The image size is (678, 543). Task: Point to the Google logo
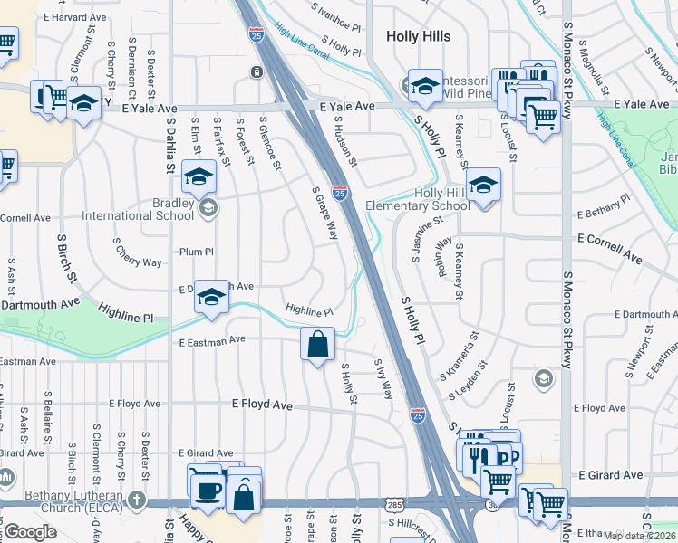coord(30,532)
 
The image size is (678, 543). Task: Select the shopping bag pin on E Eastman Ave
coord(317,343)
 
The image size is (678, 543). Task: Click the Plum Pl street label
coord(195,252)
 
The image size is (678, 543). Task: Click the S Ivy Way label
coord(384,378)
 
